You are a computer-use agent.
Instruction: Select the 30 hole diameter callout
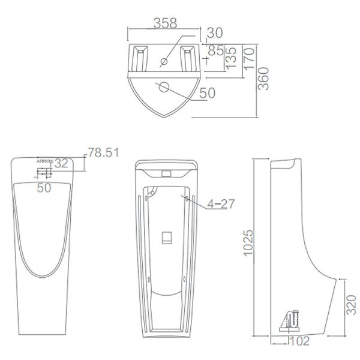click(x=214, y=32)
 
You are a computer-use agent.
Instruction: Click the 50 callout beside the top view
click(x=207, y=94)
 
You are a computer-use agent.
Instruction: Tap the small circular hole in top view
click(x=164, y=62)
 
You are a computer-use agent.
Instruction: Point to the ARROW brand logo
click(x=44, y=161)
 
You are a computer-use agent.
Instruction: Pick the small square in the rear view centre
click(x=167, y=236)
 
